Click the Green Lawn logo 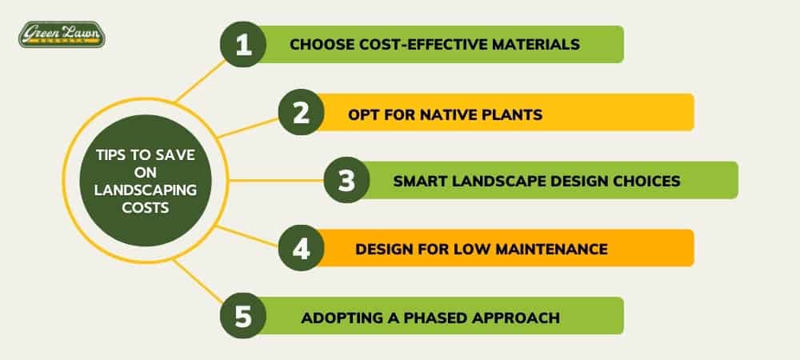pos(62,34)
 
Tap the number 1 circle pos(243,44)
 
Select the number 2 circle pos(301,112)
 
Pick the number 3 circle pos(346,180)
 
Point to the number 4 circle pos(301,248)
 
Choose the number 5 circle pos(243,316)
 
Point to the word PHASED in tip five pos(436,318)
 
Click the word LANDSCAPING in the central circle pos(146,190)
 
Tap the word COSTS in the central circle pos(146,208)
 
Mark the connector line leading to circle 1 pos(200,81)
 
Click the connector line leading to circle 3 pos(275,180)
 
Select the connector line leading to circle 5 pos(198,281)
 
